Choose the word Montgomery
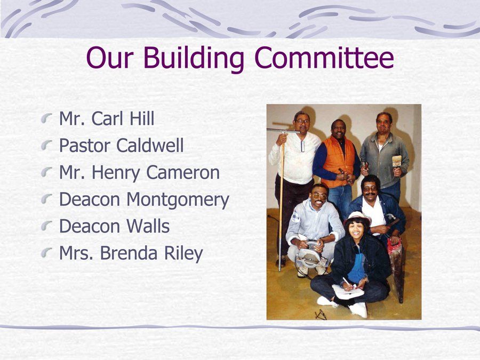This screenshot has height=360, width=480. [x=178, y=201]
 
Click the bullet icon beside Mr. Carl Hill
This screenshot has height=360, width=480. [x=49, y=118]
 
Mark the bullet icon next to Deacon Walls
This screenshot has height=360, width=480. [x=49, y=226]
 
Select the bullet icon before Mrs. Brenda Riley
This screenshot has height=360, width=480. [x=49, y=253]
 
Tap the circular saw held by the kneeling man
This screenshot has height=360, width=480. [x=308, y=257]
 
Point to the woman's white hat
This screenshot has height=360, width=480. [x=357, y=217]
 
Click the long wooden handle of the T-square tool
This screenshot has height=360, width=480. [x=281, y=203]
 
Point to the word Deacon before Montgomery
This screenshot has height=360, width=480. [x=90, y=200]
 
